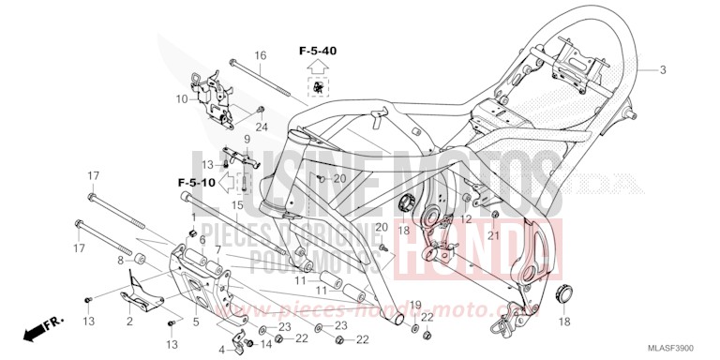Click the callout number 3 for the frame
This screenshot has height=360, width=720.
(662, 69)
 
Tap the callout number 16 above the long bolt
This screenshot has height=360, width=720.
(261, 55)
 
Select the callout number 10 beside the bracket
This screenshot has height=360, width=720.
(180, 98)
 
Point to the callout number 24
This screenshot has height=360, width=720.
(235, 127)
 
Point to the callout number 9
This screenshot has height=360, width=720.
(248, 140)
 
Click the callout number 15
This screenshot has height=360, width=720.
(238, 205)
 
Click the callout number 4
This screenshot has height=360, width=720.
(223, 350)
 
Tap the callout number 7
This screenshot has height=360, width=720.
(218, 249)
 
